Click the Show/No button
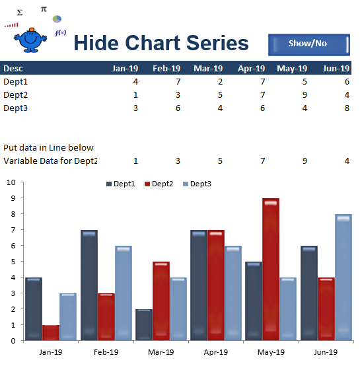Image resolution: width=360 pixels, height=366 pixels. click(308, 44)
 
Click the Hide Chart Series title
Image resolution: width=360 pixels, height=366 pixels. click(161, 44)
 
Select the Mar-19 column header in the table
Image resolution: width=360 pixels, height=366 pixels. click(208, 68)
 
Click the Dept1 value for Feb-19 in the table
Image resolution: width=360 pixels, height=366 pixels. click(176, 81)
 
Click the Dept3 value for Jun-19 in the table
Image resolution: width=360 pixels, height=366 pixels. click(347, 108)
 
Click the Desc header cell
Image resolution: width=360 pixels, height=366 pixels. click(13, 68)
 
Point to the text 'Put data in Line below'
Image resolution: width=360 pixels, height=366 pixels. click(48, 147)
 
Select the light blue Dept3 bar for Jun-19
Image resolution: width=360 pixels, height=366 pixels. click(343, 277)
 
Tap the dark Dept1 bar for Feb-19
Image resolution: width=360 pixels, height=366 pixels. click(89, 285)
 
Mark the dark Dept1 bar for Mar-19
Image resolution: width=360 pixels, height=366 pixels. click(144, 324)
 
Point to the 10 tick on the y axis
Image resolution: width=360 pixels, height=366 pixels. click(11, 182)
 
